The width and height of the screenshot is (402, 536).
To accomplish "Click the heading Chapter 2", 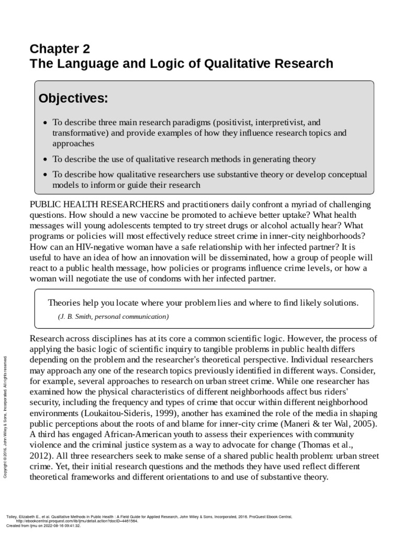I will [x=60, y=49].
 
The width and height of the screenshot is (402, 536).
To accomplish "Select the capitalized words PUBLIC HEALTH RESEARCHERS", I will [x=98, y=204].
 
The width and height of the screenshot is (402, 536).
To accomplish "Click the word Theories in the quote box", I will [x=65, y=303].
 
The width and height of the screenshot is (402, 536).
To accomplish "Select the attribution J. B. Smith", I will [x=83, y=316].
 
